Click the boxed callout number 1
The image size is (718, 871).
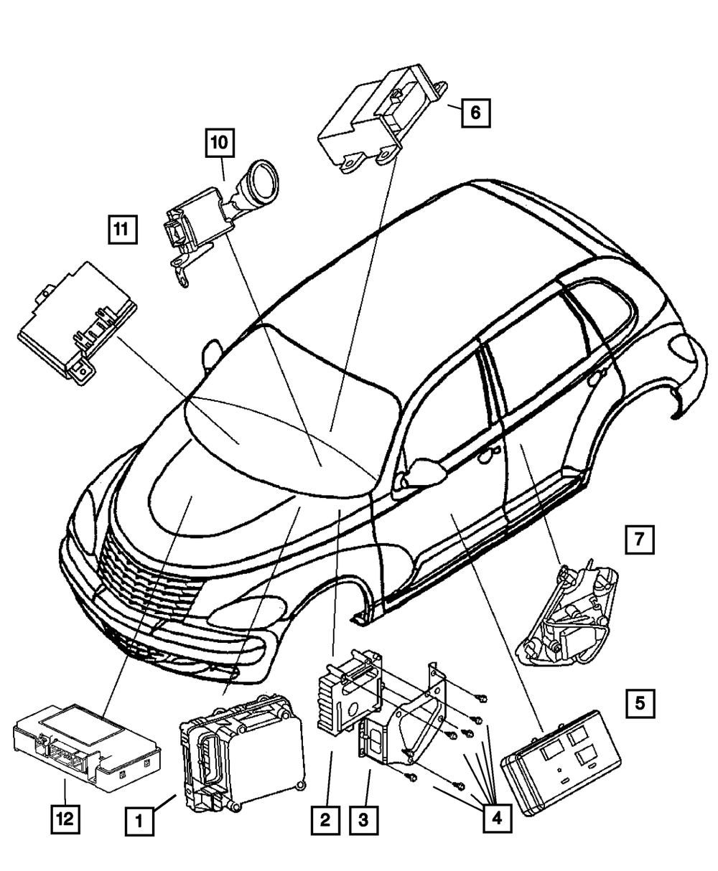pos(140,819)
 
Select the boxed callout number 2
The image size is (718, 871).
pos(325,819)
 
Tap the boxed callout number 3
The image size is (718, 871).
pos(364,819)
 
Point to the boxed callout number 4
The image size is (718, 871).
pos(497,819)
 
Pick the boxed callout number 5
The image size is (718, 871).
pos(639,704)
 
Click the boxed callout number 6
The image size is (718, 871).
pos(476,112)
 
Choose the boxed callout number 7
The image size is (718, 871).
pos(639,538)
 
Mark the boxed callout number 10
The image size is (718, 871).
pos(220,143)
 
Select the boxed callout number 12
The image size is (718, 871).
pos(65,819)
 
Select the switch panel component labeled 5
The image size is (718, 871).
pos(560,761)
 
